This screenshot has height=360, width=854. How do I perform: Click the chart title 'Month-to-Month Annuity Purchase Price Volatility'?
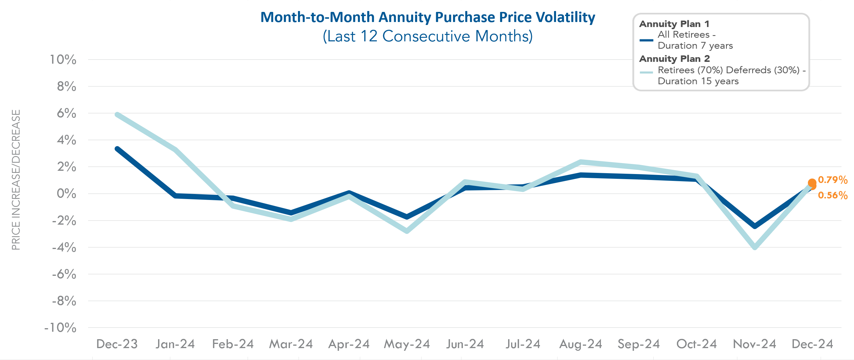tap(427, 17)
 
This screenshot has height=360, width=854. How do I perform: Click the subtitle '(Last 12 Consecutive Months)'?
tap(427, 36)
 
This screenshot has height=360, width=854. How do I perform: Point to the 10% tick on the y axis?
tap(63, 60)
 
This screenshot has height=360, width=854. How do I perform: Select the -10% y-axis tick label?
tap(60, 328)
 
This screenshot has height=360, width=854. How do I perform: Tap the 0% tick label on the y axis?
tap(66, 194)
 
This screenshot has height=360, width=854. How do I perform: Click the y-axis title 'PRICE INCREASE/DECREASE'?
tap(16, 180)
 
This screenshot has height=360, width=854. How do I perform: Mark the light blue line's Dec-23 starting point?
tap(117, 115)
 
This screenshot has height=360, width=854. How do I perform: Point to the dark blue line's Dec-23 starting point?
tap(117, 149)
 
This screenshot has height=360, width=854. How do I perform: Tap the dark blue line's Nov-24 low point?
tap(755, 226)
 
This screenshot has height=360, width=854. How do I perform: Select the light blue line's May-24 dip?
tap(407, 231)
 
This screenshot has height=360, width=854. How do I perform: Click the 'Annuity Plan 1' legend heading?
tap(674, 24)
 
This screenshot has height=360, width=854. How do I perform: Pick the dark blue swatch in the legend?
tap(646, 40)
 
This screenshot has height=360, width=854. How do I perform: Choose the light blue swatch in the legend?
tap(646, 72)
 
